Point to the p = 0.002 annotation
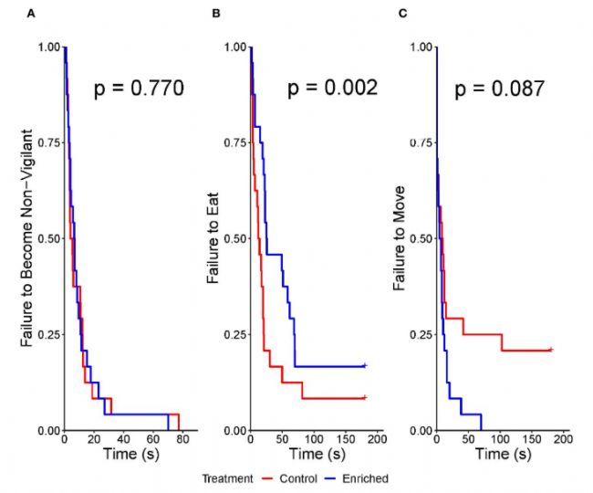click(332, 89)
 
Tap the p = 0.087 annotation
click(501, 89)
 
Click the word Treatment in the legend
click(226, 477)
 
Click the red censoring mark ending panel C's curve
click(551, 350)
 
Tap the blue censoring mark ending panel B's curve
click(364, 365)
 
